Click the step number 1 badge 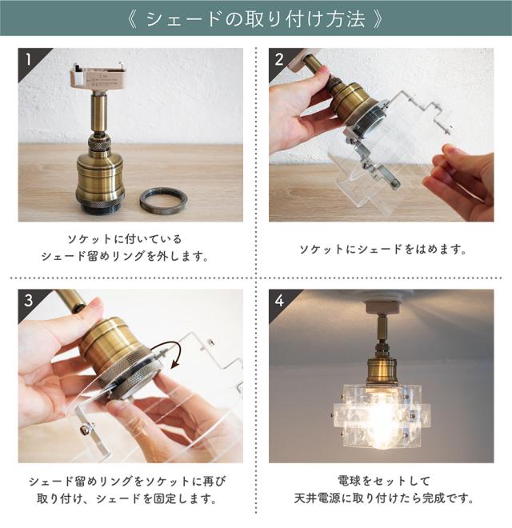(x=28, y=60)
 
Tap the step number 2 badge (x=279, y=60)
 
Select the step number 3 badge (x=29, y=300)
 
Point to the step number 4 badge (x=279, y=300)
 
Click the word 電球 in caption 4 (x=349, y=481)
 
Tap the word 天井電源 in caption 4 (x=317, y=498)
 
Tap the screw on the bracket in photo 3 (x=84, y=429)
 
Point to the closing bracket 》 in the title (x=378, y=19)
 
